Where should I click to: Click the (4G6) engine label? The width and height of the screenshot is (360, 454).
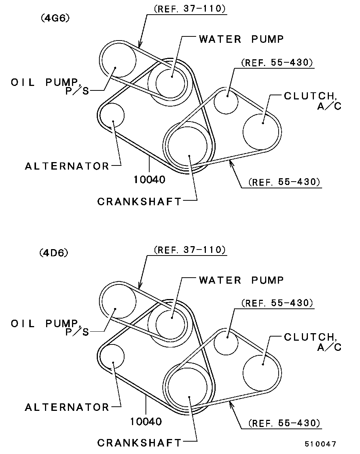click(x=55, y=18)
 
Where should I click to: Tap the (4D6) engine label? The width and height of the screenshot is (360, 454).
click(x=54, y=253)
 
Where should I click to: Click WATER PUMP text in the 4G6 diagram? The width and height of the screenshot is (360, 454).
click(x=241, y=39)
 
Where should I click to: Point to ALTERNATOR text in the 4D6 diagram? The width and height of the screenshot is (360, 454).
click(x=67, y=407)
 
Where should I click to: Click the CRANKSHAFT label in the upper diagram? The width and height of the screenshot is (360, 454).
click(x=139, y=201)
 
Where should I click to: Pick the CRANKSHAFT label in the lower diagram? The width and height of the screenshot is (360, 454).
click(x=139, y=443)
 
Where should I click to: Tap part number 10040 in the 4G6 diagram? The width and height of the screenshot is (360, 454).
click(x=150, y=180)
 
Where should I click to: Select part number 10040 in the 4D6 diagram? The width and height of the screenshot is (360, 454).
click(x=146, y=421)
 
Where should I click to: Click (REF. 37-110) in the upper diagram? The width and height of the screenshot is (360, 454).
click(x=190, y=9)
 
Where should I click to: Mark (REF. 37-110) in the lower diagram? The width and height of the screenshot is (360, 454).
click(x=190, y=250)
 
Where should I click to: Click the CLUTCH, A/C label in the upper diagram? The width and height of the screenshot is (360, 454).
click(x=312, y=101)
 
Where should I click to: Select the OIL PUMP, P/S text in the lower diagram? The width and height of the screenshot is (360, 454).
click(x=50, y=328)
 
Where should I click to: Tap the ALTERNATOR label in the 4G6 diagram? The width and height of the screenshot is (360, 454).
click(x=67, y=166)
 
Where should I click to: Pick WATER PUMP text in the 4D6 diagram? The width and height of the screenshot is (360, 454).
click(x=241, y=280)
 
